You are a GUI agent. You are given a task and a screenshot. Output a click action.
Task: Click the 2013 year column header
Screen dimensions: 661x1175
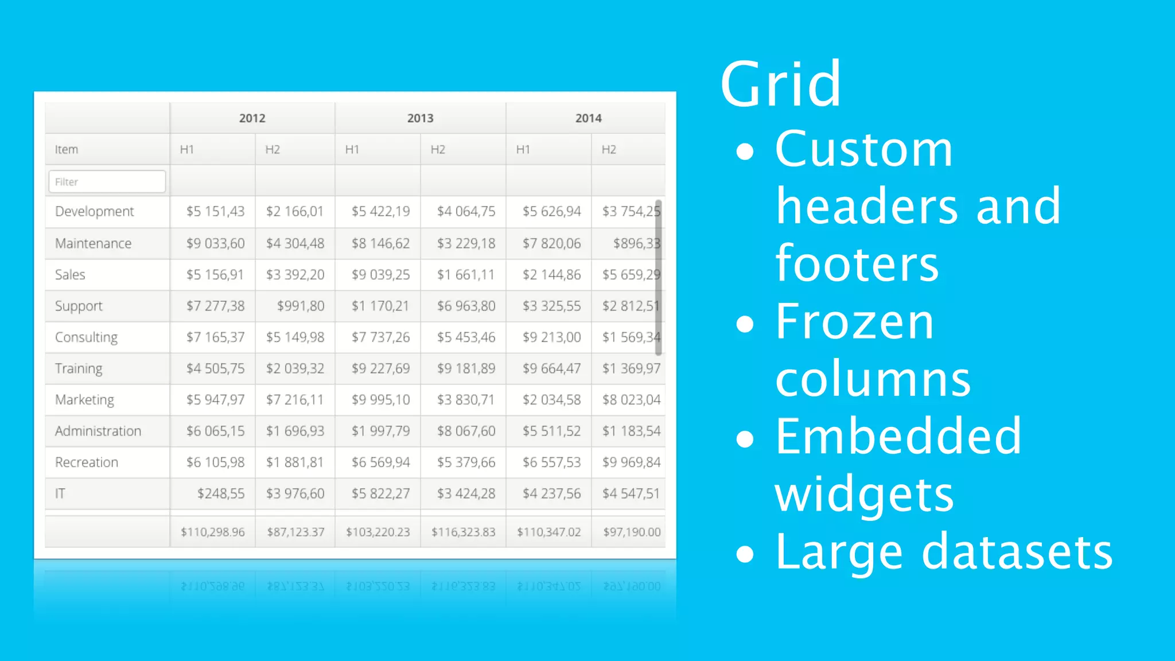coord(420,118)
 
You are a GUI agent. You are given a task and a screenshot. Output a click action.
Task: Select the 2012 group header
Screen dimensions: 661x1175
coord(252,118)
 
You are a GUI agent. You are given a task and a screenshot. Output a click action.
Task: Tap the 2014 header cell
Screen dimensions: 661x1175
coord(588,118)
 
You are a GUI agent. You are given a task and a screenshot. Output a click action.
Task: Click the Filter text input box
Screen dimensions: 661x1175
coord(107,182)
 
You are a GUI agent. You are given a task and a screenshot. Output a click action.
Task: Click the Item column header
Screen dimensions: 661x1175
coord(67,150)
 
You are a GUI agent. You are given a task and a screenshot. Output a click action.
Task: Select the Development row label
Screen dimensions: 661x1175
coord(94,212)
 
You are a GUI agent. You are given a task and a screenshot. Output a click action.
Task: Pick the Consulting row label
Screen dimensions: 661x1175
coord(86,337)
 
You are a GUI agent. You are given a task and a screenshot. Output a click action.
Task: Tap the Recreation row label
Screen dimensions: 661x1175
coord(87,462)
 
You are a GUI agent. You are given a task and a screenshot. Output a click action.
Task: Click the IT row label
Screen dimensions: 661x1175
coord(60,493)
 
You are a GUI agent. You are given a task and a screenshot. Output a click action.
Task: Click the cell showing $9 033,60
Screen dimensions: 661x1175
coord(215,243)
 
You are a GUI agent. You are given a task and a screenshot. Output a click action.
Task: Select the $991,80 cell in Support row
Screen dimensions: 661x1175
coord(301,306)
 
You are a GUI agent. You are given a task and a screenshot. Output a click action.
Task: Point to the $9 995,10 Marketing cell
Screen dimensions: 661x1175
coord(380,400)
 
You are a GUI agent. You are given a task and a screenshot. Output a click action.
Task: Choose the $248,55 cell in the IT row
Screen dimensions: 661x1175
coord(220,493)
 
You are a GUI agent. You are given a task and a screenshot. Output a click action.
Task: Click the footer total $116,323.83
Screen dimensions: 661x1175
coord(463,532)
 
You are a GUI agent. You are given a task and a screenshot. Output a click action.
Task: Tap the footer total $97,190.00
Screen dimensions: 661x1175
coord(632,532)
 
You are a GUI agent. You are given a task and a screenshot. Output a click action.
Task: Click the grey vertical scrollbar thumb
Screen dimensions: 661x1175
coord(658,278)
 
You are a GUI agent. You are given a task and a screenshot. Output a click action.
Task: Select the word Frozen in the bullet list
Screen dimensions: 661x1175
coord(854,322)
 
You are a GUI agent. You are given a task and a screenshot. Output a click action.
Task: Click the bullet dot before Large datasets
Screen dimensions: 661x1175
coord(745,554)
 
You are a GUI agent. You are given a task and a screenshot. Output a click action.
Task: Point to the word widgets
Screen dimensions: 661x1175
coord(864,495)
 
